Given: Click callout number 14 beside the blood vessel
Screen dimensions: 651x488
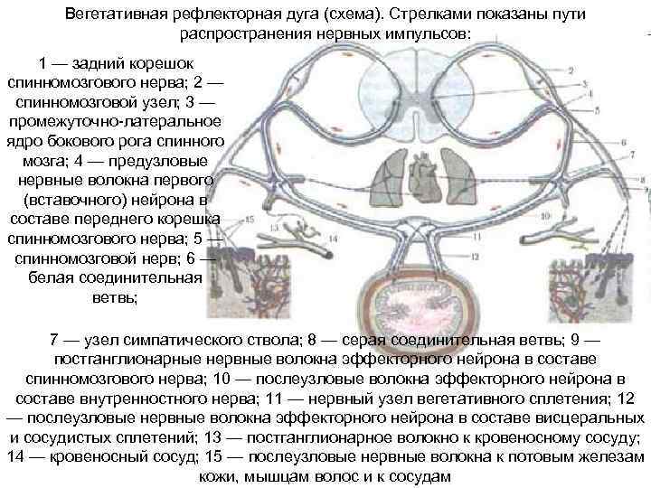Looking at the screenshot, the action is click(x=333, y=239).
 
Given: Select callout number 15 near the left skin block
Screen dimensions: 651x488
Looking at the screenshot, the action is click(x=250, y=220).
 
